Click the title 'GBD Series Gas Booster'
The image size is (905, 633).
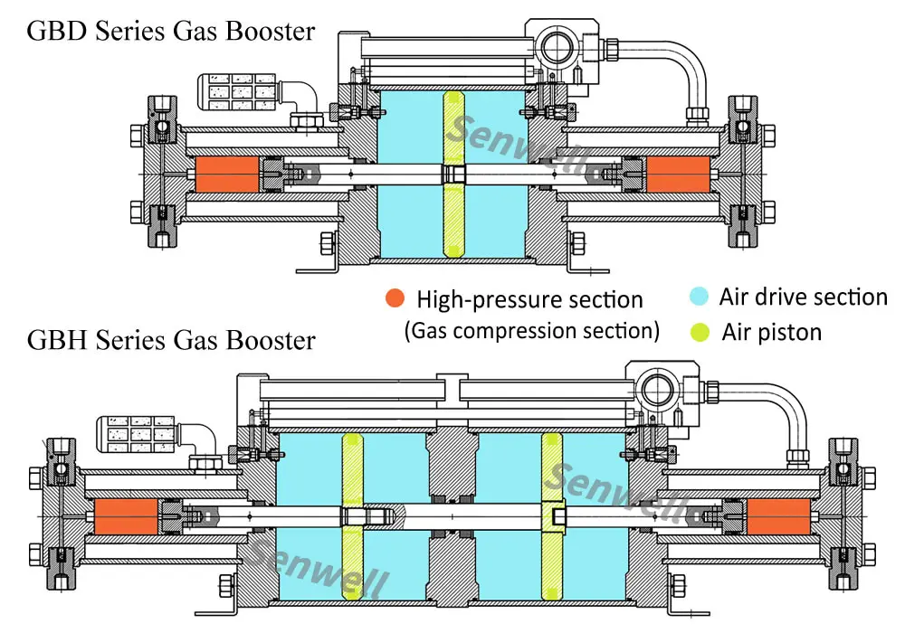[x=171, y=31]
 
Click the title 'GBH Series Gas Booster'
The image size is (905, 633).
[x=171, y=340]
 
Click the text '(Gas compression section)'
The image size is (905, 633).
[x=531, y=330]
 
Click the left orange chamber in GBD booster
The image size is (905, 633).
[x=225, y=173]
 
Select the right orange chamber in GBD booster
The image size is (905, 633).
[x=680, y=173]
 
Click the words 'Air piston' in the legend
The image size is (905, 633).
[x=771, y=332]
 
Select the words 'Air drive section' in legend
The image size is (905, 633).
[x=803, y=298]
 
